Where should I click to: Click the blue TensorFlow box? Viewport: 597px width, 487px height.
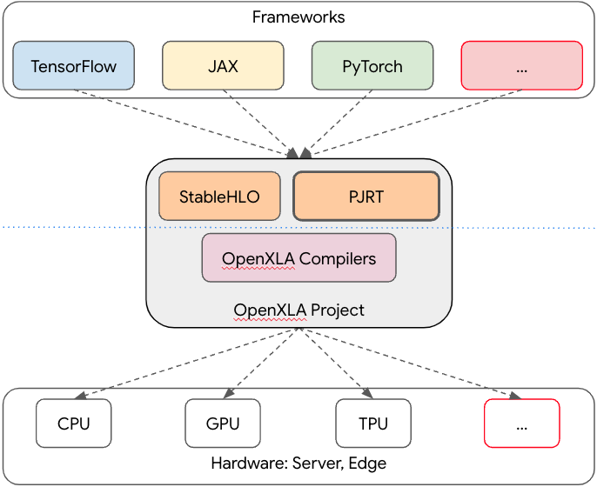click(x=74, y=66)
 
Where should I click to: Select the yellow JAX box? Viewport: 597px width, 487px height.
click(x=223, y=66)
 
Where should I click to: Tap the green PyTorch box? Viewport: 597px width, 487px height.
click(x=372, y=66)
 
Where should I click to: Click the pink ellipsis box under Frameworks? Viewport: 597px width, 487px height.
click(x=521, y=66)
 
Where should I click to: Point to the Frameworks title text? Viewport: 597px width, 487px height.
click(x=298, y=17)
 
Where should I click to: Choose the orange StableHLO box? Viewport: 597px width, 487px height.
click(x=219, y=197)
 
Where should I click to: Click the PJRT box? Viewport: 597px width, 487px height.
click(x=366, y=197)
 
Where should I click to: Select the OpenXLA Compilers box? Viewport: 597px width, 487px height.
click(x=298, y=258)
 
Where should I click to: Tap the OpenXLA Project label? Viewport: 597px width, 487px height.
click(x=298, y=310)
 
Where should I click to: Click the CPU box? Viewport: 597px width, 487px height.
click(x=74, y=424)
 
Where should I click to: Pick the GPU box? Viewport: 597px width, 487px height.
click(x=223, y=424)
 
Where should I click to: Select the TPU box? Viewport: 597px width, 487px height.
click(x=372, y=424)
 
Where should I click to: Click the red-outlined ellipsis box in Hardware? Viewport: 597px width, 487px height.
click(x=521, y=424)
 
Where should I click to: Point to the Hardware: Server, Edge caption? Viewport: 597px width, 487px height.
click(x=298, y=464)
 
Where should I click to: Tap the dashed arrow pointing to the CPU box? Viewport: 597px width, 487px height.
click(x=191, y=362)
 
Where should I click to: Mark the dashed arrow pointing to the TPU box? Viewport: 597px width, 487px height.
click(x=335, y=364)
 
